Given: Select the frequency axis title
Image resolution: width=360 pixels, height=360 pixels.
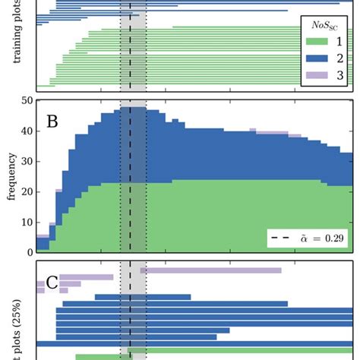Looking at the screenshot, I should (x=11, y=176).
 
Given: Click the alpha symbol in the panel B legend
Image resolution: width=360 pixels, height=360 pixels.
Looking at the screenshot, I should (x=300, y=238).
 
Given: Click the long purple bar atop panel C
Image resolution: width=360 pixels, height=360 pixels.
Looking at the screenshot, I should (x=210, y=270).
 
